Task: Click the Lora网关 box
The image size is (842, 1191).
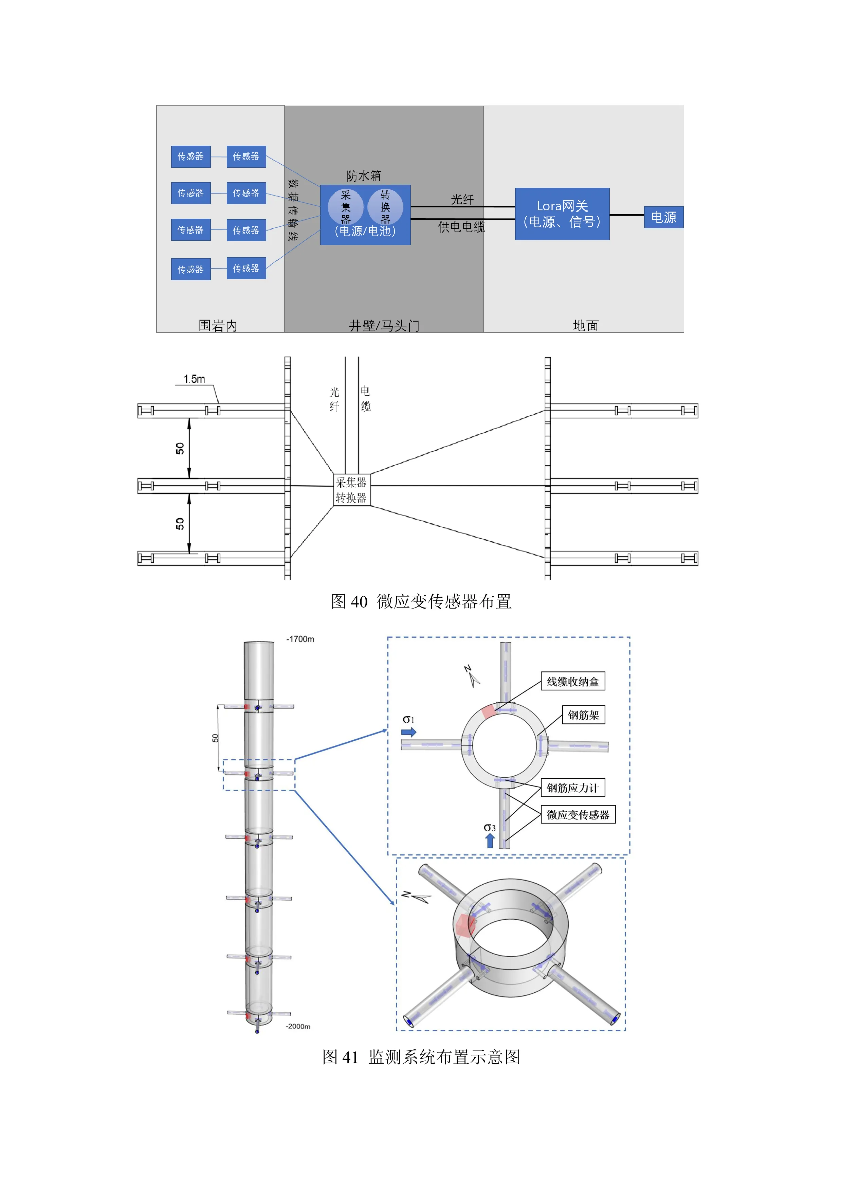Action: (562, 214)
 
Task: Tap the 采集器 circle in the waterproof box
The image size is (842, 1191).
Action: (345, 206)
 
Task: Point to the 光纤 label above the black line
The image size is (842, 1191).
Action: (462, 199)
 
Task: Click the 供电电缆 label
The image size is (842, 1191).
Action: (461, 227)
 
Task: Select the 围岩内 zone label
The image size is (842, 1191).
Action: (218, 325)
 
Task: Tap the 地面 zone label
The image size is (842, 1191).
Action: (585, 325)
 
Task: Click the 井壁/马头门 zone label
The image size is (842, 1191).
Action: (384, 325)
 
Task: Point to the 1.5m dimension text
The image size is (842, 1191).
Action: (194, 379)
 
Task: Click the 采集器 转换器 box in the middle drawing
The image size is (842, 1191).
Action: (351, 490)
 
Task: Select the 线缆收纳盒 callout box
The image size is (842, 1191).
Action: (572, 682)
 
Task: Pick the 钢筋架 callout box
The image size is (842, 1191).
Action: (583, 715)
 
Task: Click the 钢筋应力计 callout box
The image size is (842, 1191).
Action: (572, 788)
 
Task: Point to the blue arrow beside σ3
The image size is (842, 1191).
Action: (490, 840)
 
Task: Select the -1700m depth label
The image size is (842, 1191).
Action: (300, 639)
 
